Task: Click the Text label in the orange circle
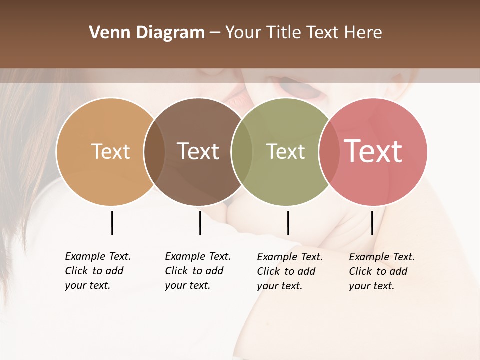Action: [110, 151]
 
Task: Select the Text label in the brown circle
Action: [198, 151]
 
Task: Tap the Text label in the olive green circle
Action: [286, 151]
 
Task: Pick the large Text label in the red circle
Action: [373, 151]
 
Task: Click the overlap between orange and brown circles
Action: [154, 152]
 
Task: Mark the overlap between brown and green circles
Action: [242, 152]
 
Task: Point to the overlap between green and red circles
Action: [328, 152]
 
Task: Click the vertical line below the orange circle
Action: [112, 223]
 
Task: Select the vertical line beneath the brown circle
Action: [200, 223]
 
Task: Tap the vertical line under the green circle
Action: [288, 223]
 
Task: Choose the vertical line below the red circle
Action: [372, 223]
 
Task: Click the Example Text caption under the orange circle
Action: [97, 271]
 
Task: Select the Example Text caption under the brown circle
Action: [197, 271]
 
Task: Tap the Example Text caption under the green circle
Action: [289, 271]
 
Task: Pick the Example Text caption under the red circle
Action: [381, 271]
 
